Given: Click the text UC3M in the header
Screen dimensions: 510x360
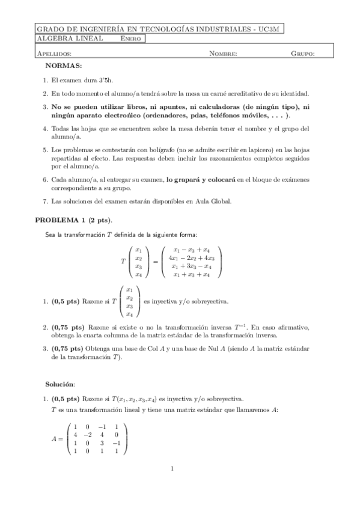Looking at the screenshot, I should click(x=272, y=28).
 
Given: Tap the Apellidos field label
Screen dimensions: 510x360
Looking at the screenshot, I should click(x=53, y=54).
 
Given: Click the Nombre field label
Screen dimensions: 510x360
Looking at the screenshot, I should click(x=223, y=54).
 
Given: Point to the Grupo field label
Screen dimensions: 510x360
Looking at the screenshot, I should click(x=303, y=54).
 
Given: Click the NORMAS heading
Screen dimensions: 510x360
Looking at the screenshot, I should click(x=64, y=65).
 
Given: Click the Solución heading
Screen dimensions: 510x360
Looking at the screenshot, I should click(x=60, y=383).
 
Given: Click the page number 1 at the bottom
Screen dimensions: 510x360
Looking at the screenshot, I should click(x=172, y=469).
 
